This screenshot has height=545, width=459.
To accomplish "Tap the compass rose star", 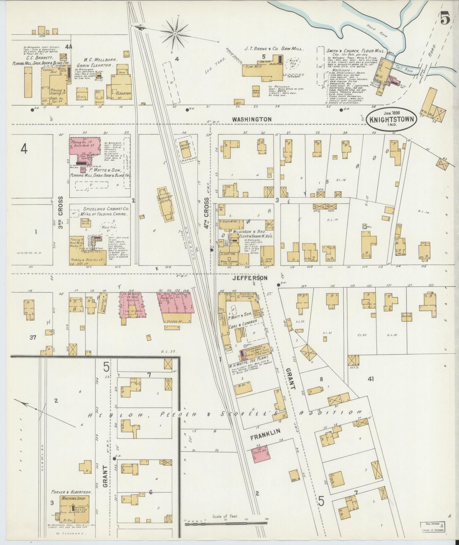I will (175, 34).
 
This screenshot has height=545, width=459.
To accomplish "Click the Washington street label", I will (252, 119).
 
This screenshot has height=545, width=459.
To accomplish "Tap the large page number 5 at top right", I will (445, 19).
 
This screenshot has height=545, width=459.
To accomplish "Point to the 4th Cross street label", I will (206, 213).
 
